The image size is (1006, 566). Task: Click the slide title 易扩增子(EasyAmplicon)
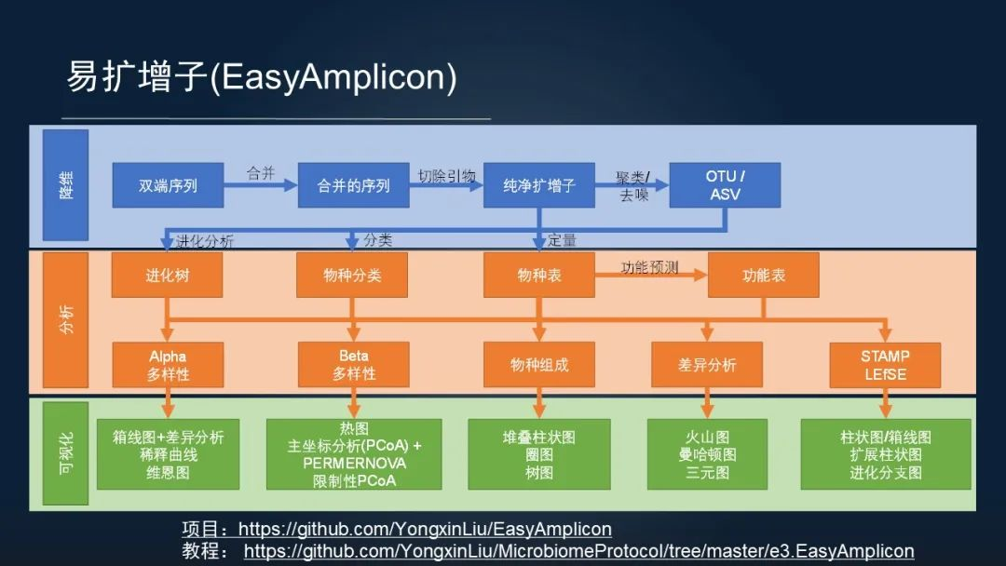point(261,77)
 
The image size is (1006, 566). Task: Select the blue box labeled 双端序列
point(168,185)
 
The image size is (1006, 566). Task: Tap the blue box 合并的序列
point(353,185)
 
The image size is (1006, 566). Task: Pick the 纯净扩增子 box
point(539,185)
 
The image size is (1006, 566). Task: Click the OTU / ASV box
point(726,185)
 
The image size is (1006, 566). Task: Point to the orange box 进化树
point(168,276)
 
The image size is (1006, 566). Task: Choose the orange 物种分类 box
point(353,276)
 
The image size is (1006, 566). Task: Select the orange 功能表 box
point(763,276)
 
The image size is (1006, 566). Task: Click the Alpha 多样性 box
point(168,365)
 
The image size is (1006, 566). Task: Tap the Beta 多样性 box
point(354,365)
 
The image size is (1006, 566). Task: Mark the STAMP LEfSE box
point(885,365)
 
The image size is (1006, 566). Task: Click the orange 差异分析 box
point(707,365)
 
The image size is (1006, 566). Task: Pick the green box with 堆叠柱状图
point(539,454)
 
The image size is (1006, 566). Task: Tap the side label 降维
point(66,184)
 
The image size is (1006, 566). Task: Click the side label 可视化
point(66,455)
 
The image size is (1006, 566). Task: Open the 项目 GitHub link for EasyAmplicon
point(425,530)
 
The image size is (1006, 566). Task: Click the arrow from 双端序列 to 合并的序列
point(260,186)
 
